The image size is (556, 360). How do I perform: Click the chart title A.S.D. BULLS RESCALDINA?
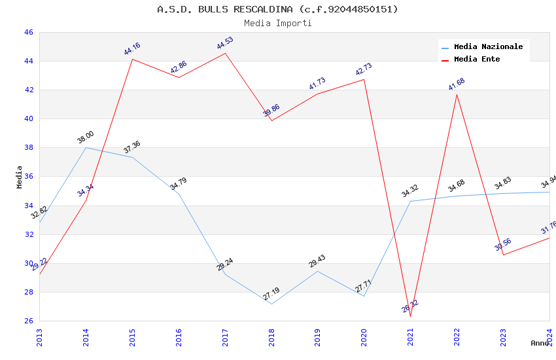click(x=277, y=9)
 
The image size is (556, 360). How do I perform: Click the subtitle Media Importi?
click(x=277, y=23)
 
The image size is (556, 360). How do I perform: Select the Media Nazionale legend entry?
click(x=488, y=46)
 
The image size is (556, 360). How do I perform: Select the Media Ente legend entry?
click(x=477, y=59)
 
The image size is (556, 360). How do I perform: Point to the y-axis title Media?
click(x=19, y=177)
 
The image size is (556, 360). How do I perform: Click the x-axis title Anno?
click(x=540, y=343)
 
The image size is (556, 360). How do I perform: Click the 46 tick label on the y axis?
click(x=28, y=32)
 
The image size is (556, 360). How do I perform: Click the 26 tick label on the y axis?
click(x=28, y=321)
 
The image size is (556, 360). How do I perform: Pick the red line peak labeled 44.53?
click(x=225, y=53)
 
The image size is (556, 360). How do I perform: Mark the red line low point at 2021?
click(x=410, y=316)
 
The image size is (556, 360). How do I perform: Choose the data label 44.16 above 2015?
click(x=132, y=49)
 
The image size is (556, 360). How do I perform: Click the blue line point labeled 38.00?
click(x=86, y=147)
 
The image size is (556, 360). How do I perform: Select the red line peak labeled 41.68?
click(x=457, y=94)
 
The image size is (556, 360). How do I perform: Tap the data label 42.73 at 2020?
click(x=363, y=70)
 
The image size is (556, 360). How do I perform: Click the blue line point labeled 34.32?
click(x=410, y=201)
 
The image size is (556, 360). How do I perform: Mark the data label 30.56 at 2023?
click(x=503, y=245)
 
